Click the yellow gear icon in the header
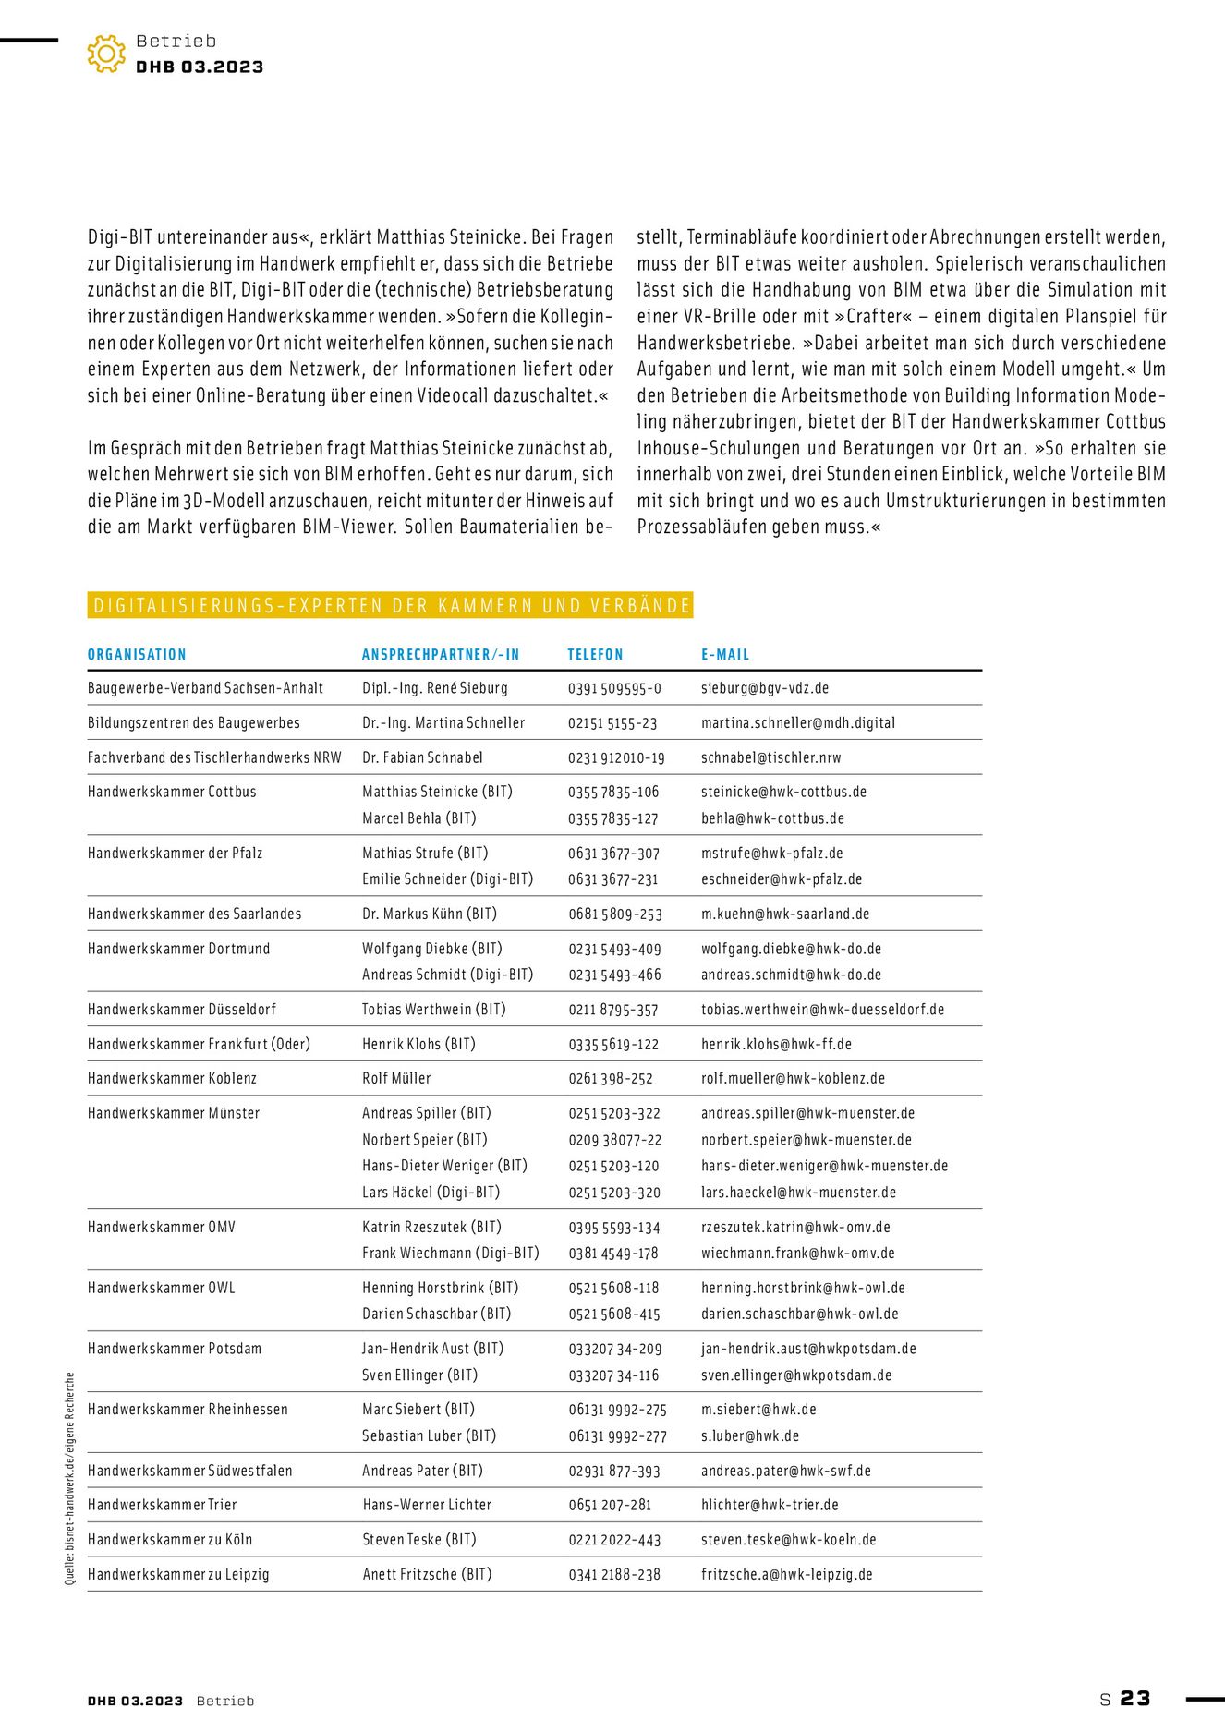tap(106, 54)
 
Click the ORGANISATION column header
tap(137, 655)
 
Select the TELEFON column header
tap(595, 655)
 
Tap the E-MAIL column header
tap(725, 655)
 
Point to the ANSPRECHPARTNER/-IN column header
tap(441, 655)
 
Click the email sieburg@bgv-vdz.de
tap(765, 688)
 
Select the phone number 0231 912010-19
tap(616, 757)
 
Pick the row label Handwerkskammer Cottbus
tap(172, 792)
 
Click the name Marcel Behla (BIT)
tap(419, 818)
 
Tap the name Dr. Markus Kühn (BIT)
tap(430, 914)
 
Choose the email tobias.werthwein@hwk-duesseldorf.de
tap(822, 1010)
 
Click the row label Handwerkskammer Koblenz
tap(172, 1078)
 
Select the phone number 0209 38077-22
tap(614, 1140)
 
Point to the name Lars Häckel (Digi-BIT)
tap(431, 1193)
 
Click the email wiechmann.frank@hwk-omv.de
tap(797, 1254)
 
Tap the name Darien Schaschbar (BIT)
tap(436, 1314)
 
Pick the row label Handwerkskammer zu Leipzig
tap(178, 1574)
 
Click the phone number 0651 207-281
tap(610, 1505)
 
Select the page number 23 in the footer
tap(1135, 1699)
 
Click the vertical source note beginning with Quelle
tap(69, 1479)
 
